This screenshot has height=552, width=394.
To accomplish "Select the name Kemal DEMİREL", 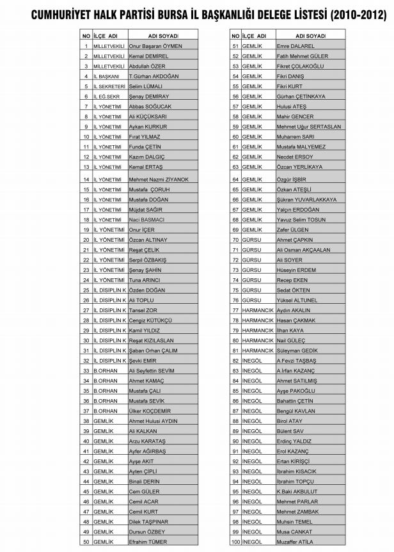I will click(148, 56).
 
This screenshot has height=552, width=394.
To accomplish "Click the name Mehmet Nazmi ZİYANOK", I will click(159, 180).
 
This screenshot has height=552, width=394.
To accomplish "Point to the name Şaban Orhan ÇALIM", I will click(155, 350).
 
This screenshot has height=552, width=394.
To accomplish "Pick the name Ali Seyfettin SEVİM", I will click(152, 370).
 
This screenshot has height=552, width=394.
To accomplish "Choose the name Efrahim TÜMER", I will click(148, 542).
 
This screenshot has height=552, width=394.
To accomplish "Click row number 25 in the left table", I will click(86, 290).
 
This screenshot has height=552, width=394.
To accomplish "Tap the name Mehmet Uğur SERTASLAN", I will click(309, 127).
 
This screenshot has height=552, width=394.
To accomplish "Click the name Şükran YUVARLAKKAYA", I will click(306, 200).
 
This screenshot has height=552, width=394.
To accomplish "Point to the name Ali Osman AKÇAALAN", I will click(303, 249).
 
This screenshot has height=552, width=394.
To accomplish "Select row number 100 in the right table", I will click(235, 542).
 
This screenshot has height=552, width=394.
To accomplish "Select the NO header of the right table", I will click(235, 36).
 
